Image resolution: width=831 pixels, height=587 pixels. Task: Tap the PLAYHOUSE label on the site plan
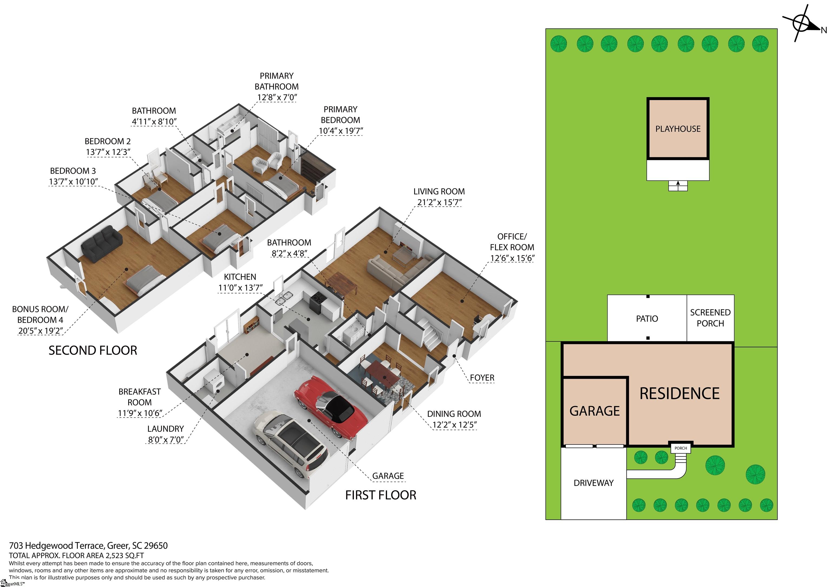tap(678, 129)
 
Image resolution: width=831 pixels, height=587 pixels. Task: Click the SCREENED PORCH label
tap(710, 318)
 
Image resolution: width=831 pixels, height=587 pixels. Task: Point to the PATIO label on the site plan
tap(647, 319)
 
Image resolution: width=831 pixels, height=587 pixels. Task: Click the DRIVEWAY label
tap(593, 483)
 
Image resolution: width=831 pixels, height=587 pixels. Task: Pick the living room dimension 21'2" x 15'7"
tap(439, 202)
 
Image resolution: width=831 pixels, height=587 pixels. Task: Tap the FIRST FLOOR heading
tap(381, 495)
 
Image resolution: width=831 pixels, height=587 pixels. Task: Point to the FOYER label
tap(482, 378)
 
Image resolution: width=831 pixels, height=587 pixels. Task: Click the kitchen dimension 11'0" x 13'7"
tap(240, 288)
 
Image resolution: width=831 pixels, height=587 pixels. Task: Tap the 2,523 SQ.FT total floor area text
tap(124, 556)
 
